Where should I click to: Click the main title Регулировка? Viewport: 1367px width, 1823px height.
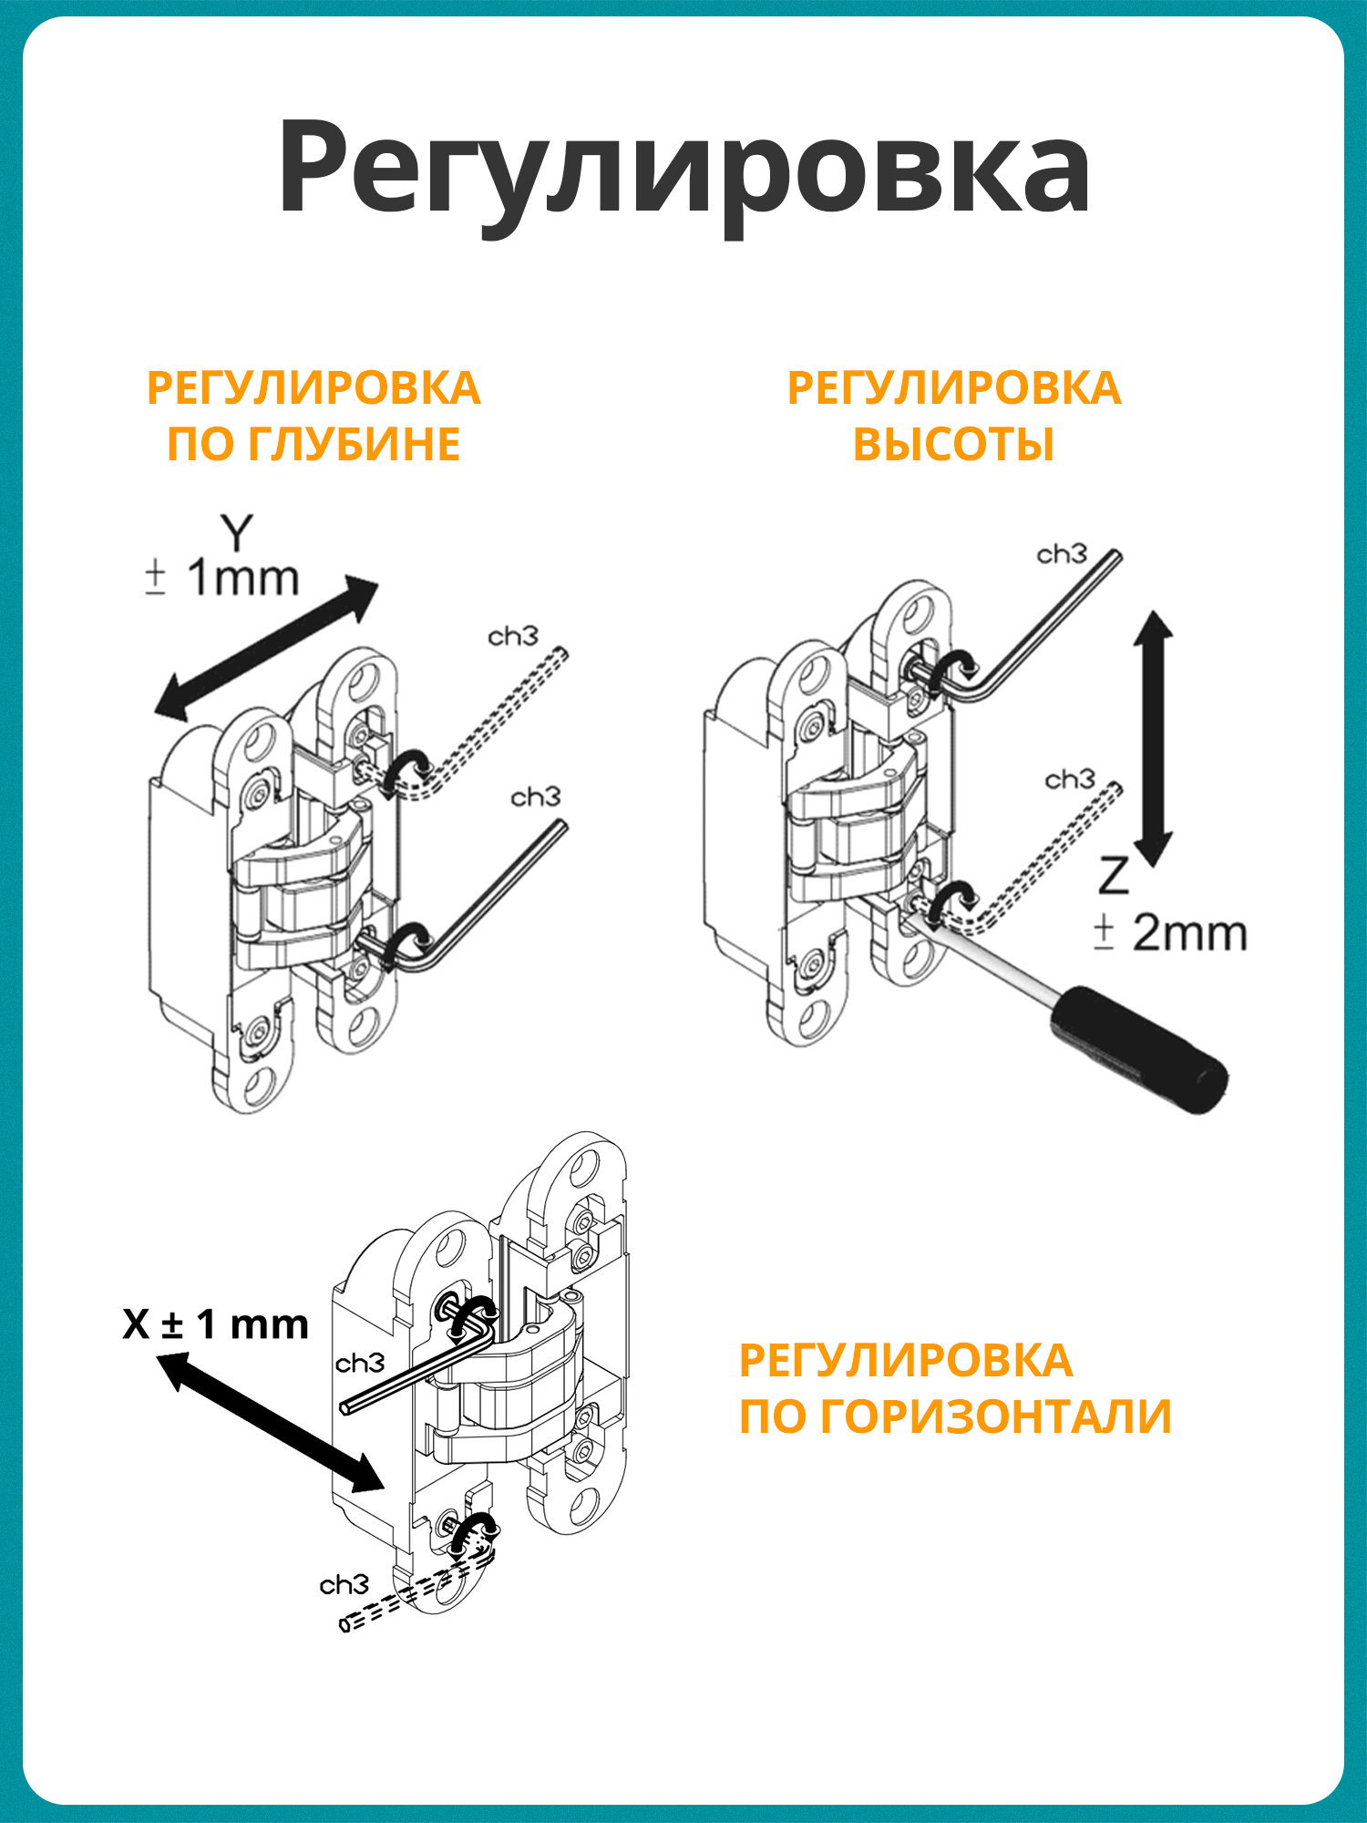coord(683,169)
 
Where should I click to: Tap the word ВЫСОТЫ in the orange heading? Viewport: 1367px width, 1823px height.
coord(953,446)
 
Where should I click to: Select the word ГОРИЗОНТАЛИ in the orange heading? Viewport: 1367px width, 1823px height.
coord(996,1417)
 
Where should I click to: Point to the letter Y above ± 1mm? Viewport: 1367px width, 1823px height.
coord(237,532)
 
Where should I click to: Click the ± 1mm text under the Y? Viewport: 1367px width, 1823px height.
coord(222,579)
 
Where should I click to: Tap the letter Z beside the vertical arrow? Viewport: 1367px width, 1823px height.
coord(1114,877)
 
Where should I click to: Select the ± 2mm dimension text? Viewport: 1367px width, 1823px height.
coord(1171,933)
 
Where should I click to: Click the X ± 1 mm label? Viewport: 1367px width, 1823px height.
coord(216,1324)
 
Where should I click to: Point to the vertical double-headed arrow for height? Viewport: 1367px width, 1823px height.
coord(1153,738)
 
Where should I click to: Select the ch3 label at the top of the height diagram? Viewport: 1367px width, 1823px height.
coord(1062,554)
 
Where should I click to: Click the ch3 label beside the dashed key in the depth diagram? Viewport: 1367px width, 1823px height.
coord(513,636)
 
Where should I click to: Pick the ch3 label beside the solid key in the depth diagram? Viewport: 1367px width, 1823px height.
coord(535,798)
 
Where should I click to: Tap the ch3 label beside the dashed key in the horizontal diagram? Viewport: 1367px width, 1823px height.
coord(344,1585)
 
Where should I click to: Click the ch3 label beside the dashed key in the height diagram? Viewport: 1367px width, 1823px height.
coord(1070,780)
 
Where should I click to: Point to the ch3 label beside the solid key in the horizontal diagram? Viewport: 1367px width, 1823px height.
coord(360,1364)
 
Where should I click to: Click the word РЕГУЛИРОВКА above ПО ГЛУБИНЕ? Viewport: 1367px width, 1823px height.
coord(313,389)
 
